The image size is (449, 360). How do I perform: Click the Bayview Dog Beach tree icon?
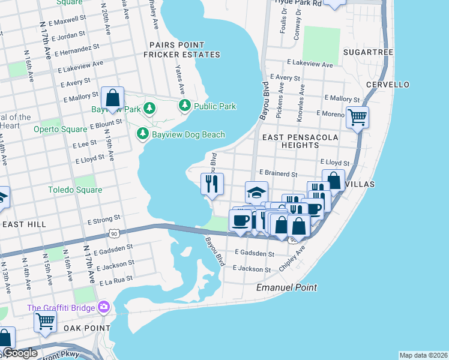click(x=143, y=134)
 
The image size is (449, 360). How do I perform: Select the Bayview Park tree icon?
click(x=149, y=109)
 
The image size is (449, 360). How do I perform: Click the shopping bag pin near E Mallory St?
click(x=112, y=98)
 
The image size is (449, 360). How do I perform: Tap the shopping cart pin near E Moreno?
click(x=357, y=117)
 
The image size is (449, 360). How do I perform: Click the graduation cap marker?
click(x=256, y=193)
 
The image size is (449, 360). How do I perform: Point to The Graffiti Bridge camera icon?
click(x=104, y=308)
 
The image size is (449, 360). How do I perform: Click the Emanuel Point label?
click(x=286, y=288)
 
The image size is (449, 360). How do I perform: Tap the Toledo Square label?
click(x=75, y=190)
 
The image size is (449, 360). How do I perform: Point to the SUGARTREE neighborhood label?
click(x=368, y=52)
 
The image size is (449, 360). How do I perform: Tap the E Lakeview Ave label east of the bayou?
click(x=309, y=64)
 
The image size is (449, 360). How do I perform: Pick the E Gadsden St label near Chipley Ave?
click(x=255, y=253)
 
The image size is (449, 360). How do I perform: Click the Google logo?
click(x=20, y=353)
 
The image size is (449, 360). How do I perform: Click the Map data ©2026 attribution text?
click(x=423, y=355)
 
